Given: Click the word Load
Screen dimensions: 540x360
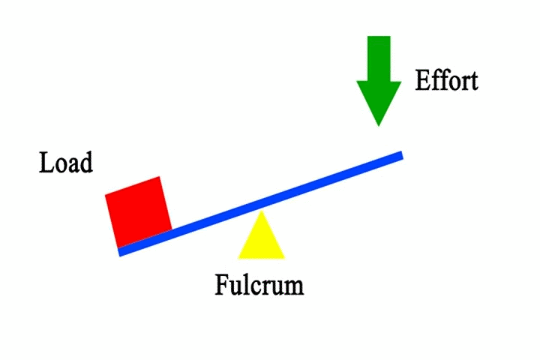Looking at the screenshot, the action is click(x=66, y=163).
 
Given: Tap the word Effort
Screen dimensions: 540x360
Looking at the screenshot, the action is click(x=447, y=80).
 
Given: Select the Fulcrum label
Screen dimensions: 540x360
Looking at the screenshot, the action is click(x=259, y=285).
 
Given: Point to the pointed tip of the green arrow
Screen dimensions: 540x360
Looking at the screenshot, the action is click(x=379, y=124).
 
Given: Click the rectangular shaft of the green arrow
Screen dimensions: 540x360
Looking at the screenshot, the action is click(x=379, y=55).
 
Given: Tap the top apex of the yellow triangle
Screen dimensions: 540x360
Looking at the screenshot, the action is click(x=261, y=212).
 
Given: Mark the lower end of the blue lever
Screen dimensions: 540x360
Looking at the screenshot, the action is click(x=121, y=252).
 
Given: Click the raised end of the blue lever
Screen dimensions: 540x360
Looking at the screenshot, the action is click(x=401, y=155).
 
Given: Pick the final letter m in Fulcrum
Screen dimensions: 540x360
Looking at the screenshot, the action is click(x=295, y=287).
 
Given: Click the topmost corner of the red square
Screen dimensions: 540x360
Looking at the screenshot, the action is click(x=159, y=177).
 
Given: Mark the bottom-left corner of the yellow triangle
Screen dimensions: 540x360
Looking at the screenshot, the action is click(x=238, y=258).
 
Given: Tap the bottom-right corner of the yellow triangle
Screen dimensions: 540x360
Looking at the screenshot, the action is click(x=285, y=258).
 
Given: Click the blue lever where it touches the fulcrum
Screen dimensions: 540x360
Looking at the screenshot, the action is click(x=260, y=205).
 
